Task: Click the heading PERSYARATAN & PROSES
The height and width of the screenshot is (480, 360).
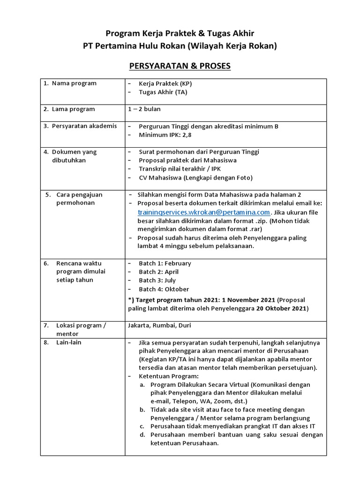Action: click(x=180, y=66)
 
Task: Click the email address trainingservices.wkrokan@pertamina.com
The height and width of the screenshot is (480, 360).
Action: click(x=203, y=212)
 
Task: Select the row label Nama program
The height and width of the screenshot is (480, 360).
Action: click(x=74, y=83)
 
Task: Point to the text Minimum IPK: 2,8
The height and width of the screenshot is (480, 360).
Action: click(x=165, y=135)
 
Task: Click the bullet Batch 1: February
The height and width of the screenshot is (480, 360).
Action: click(x=165, y=263)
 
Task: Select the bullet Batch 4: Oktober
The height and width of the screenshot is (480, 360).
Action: click(x=164, y=289)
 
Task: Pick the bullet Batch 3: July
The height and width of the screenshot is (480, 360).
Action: click(x=157, y=280)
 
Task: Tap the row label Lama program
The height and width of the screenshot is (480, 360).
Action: click(x=73, y=109)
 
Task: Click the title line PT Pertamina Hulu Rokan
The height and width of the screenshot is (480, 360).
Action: click(x=180, y=46)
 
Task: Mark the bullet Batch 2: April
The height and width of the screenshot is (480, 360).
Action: click(x=158, y=272)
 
